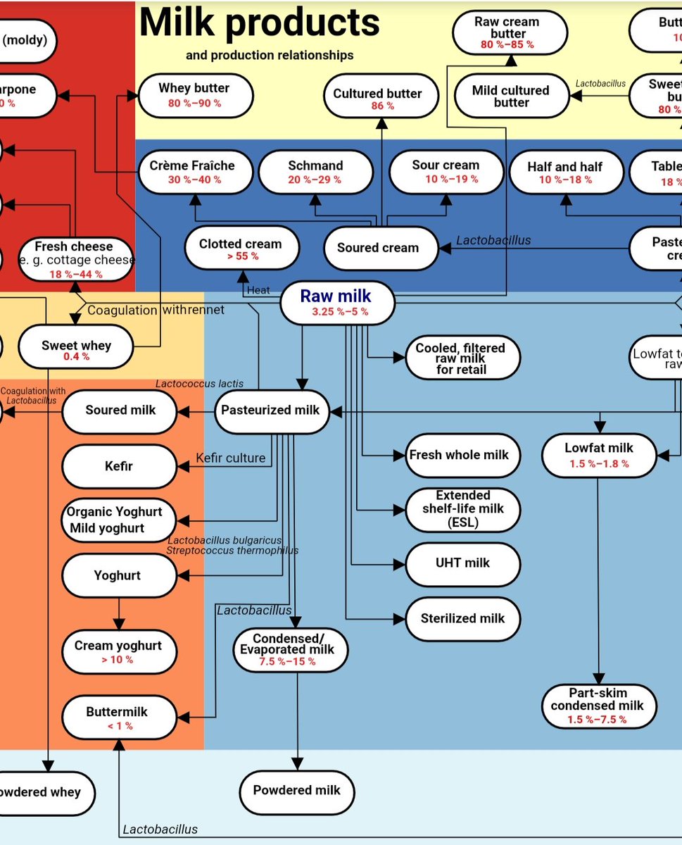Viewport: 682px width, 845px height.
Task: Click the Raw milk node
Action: point(337,303)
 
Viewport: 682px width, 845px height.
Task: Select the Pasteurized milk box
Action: point(271,411)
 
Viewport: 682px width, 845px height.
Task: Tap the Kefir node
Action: point(119,466)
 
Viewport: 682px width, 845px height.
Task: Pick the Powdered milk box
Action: point(296,790)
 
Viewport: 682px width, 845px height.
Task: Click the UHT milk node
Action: point(462,563)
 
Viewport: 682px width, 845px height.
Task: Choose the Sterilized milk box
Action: point(462,619)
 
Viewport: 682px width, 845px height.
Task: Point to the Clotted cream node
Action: point(241,249)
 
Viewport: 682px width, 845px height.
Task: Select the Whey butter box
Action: point(194,95)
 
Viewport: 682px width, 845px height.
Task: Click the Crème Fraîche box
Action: point(192,171)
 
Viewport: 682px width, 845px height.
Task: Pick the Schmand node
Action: point(315,171)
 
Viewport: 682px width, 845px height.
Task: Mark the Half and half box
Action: point(565,172)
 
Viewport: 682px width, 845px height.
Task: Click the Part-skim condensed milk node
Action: point(598,706)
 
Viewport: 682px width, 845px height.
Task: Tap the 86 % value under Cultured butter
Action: point(382,106)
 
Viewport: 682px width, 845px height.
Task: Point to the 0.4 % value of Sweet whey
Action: point(76,356)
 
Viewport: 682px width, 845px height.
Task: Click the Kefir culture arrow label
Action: point(231,458)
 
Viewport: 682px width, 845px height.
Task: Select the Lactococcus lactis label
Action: point(200,384)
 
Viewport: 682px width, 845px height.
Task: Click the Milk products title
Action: point(260,23)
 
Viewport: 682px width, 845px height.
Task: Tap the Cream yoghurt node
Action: point(118,651)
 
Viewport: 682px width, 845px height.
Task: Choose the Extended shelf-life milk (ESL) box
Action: point(462,508)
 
